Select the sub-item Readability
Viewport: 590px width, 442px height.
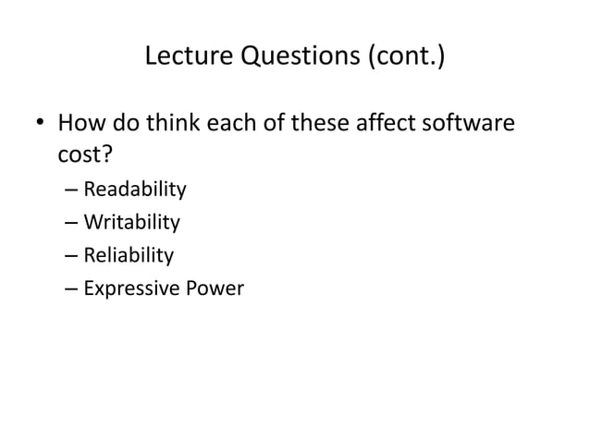135,190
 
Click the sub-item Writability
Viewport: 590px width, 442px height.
131,223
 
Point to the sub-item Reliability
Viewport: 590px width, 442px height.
129,255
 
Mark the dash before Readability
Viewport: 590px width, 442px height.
72,191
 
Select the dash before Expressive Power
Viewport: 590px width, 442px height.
72,289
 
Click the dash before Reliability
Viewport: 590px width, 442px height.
72,256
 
